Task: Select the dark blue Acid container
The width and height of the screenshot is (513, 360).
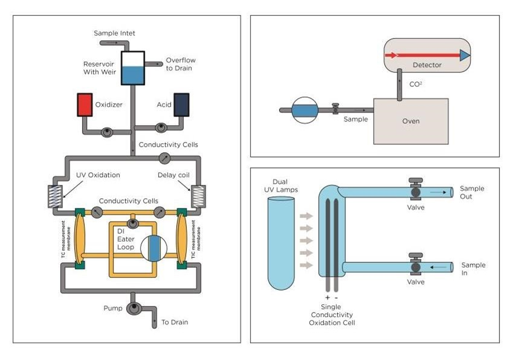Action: (181, 104)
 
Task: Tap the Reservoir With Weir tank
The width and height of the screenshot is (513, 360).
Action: (132, 68)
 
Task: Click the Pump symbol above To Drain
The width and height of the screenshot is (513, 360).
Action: (133, 309)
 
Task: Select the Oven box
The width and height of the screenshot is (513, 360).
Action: (410, 121)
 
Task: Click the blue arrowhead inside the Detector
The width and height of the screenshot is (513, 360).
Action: (464, 56)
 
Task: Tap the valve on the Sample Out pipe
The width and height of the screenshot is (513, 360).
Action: (416, 191)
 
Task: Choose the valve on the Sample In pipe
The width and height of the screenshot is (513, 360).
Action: (416, 266)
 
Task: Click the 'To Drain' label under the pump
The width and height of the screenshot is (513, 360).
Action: (174, 322)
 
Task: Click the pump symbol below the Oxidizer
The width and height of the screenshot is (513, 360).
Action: (106, 132)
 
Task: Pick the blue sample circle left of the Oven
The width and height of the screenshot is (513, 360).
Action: (304, 111)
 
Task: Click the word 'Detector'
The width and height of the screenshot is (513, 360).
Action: (427, 65)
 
